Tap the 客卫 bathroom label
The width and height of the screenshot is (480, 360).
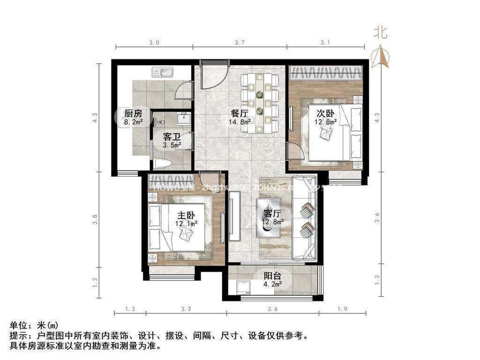172,136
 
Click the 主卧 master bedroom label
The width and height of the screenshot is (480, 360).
186,215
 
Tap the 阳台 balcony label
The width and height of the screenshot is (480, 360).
272,276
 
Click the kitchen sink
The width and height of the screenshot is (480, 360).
162,73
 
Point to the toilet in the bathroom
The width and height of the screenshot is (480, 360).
161,163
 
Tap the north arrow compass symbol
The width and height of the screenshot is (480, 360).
380,56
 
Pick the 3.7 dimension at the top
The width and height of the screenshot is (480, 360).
239,42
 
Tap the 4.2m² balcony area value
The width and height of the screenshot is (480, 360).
272,284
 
